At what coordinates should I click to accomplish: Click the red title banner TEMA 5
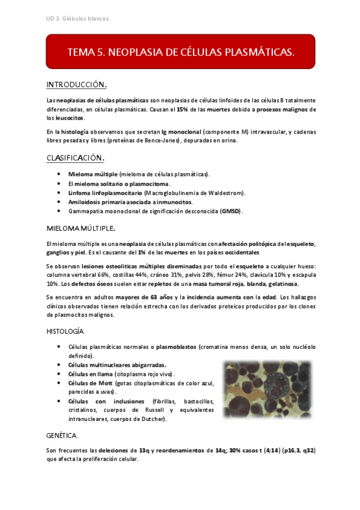(180, 52)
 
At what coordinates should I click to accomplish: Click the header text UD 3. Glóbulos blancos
(78, 19)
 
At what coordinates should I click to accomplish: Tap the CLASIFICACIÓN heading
(76, 158)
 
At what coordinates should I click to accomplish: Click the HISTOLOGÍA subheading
(66, 331)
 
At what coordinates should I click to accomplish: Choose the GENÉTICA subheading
(62, 434)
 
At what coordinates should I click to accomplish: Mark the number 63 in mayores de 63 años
(154, 297)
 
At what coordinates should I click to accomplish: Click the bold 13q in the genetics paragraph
(144, 450)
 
